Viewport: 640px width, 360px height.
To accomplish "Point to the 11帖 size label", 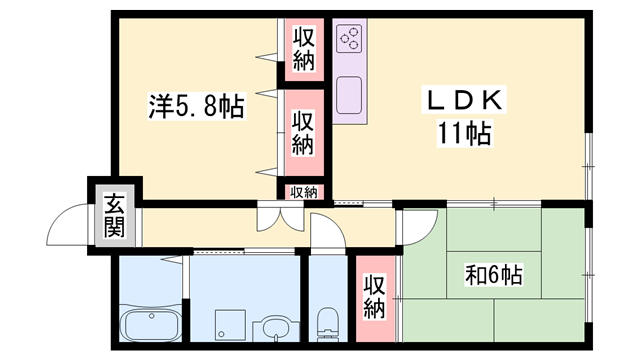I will [x=463, y=132].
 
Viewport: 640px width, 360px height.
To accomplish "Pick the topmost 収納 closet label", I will [x=304, y=49].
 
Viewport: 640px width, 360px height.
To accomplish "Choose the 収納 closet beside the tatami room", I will [x=374, y=297].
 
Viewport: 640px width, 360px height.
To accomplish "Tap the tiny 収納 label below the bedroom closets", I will [x=304, y=192].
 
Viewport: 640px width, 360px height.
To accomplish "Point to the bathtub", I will [x=150, y=325].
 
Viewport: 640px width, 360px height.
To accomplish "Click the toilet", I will [x=326, y=322].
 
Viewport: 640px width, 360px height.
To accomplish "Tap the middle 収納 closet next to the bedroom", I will [x=304, y=132].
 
